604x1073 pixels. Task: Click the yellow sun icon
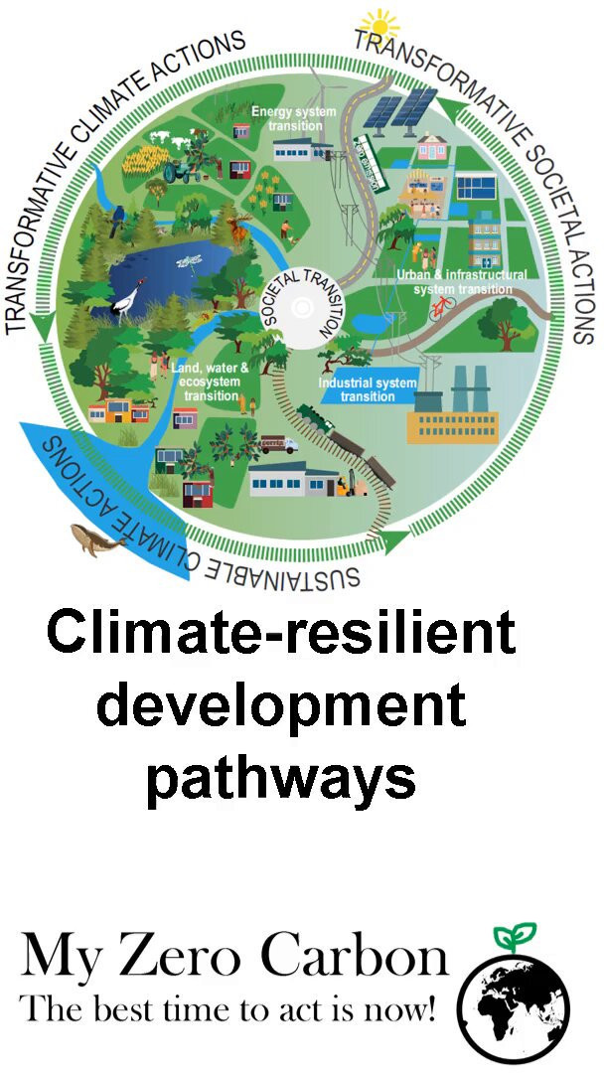[377, 22]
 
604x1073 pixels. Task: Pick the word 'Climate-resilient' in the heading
[281, 634]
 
